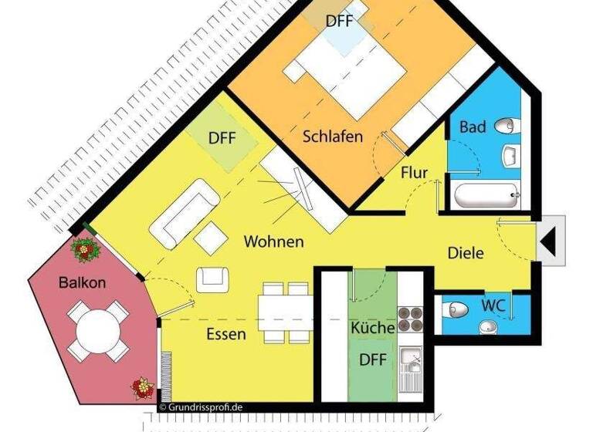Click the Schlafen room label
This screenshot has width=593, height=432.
pos(332,137)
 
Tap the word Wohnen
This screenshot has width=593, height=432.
pos(273,241)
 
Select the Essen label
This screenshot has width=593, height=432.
pos(225,334)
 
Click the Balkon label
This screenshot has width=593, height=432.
pos(82,282)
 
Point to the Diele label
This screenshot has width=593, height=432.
pos(466,252)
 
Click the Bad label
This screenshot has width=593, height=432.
pos(473,126)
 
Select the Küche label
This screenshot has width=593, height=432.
pos(373,328)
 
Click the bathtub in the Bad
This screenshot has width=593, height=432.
pos(485,197)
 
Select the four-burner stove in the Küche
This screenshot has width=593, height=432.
pos(412,319)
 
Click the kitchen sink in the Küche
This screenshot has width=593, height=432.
pos(411,359)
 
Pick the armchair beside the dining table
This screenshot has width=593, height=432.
pos(212,278)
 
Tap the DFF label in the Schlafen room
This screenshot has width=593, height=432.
pos(339,21)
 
